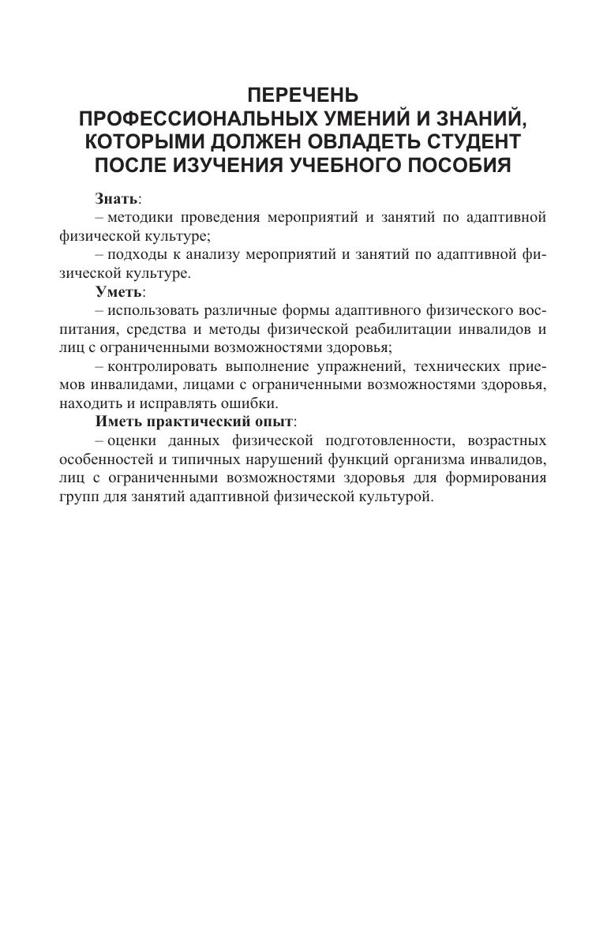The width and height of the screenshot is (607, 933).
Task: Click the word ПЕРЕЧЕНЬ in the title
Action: pos(302,96)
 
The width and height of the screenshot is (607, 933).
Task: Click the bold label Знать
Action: pos(116,198)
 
